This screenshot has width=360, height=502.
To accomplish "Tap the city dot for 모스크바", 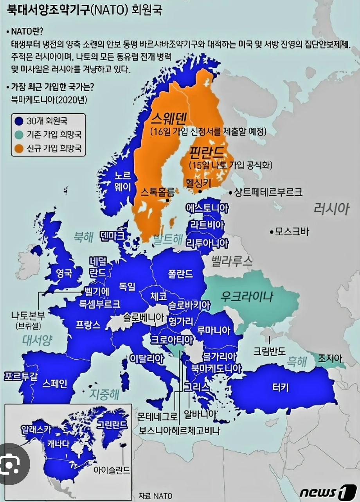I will click(271, 232).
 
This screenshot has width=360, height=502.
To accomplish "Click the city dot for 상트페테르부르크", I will click(231, 192).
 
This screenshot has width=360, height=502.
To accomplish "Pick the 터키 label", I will click(281, 387).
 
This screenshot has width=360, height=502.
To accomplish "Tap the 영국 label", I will click(65, 273).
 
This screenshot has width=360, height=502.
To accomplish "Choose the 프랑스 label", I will click(88, 324).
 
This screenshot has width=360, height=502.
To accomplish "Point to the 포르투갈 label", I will click(20, 376).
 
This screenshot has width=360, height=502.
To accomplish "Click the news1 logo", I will click(328, 491).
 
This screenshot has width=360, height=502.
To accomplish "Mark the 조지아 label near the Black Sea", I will click(330, 358).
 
